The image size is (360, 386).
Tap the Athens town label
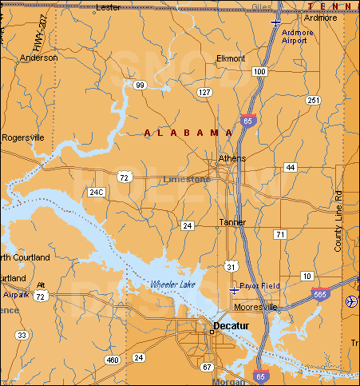point(232,158)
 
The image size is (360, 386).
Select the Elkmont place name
point(231,59)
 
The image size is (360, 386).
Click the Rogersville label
point(23,137)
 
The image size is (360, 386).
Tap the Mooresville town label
point(255,306)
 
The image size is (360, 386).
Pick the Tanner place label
point(233,223)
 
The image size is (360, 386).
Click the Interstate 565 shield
point(320,294)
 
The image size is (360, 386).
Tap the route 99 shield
point(140,85)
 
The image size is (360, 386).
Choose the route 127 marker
point(205,93)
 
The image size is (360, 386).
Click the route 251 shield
point(313,100)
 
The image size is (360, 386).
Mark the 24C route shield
point(97,193)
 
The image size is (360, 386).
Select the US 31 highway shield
point(230,265)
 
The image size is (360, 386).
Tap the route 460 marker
point(112,360)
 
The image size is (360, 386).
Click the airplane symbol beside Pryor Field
point(233,289)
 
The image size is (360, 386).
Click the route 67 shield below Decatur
point(207,367)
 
